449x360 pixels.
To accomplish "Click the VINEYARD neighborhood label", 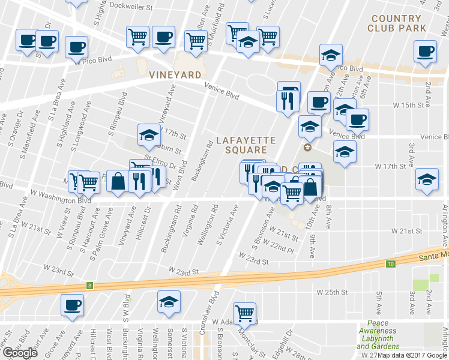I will tap(175, 75).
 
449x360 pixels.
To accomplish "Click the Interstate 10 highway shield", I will tap(390, 264).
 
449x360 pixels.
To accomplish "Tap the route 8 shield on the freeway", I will tap(89, 286).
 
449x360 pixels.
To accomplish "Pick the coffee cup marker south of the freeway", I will tap(73, 304).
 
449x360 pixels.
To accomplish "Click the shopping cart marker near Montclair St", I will tap(244, 313).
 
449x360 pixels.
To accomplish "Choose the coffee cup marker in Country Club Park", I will tap(425, 52).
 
